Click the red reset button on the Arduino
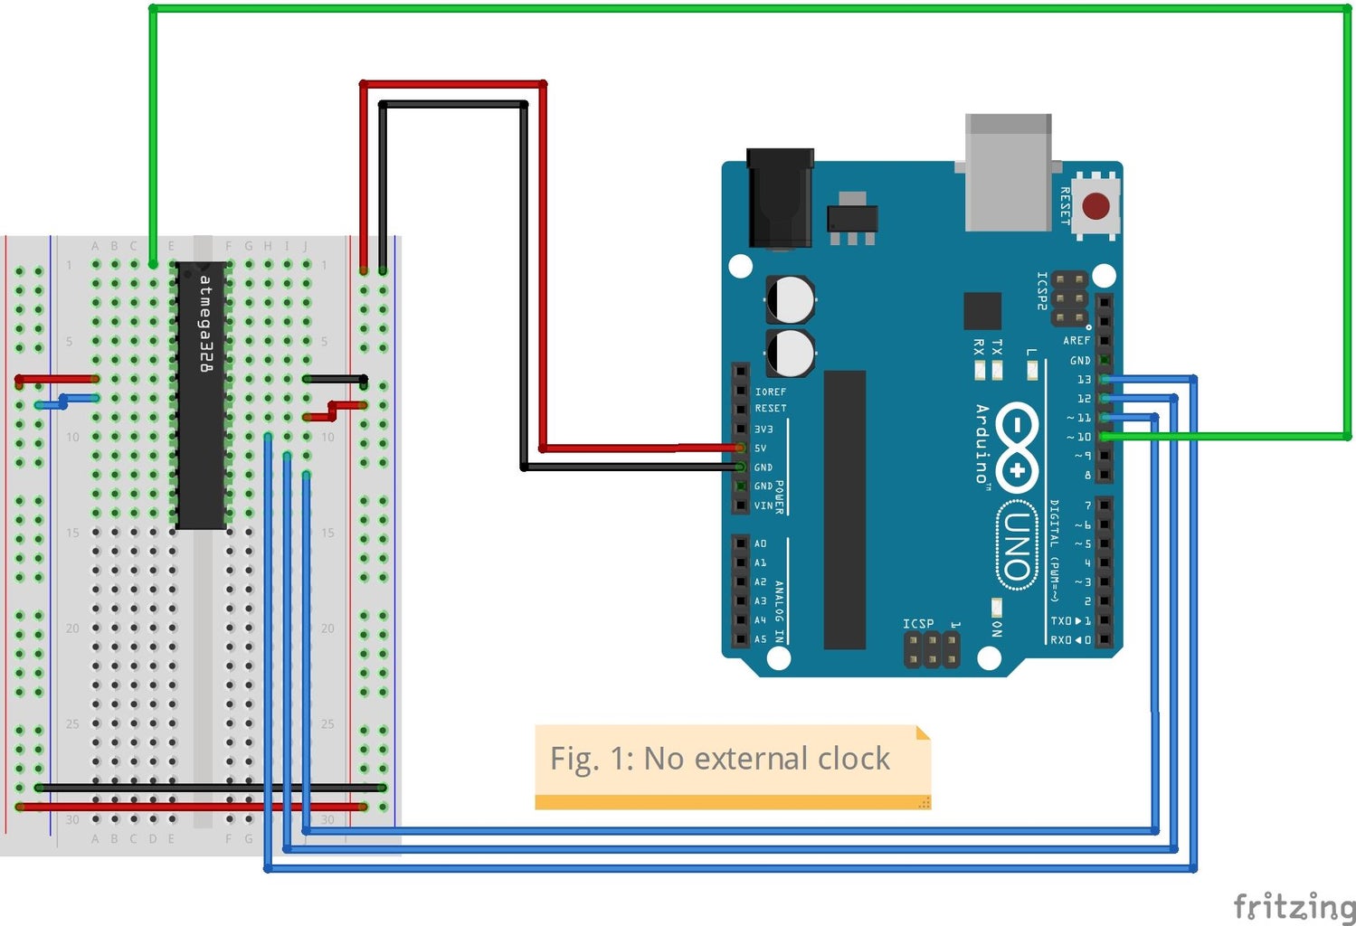pyautogui.click(x=1095, y=206)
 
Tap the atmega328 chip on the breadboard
pyautogui.click(x=202, y=395)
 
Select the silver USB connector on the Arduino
pyautogui.click(x=1008, y=172)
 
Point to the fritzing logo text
pyautogui.click(x=1294, y=905)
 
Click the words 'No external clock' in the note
pyautogui.click(x=766, y=759)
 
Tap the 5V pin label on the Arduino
pyautogui.click(x=761, y=449)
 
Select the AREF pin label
pyautogui.click(x=1076, y=341)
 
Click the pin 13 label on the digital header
pyautogui.click(x=1083, y=380)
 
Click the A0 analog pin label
pyautogui.click(x=761, y=543)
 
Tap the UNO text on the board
pyautogui.click(x=1018, y=546)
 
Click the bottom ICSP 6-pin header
pyautogui.click(x=931, y=648)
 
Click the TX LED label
pyautogui.click(x=997, y=347)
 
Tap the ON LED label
pyautogui.click(x=996, y=628)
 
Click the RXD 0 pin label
pyautogui.click(x=1070, y=640)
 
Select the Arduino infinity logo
pyautogui.click(x=1018, y=447)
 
